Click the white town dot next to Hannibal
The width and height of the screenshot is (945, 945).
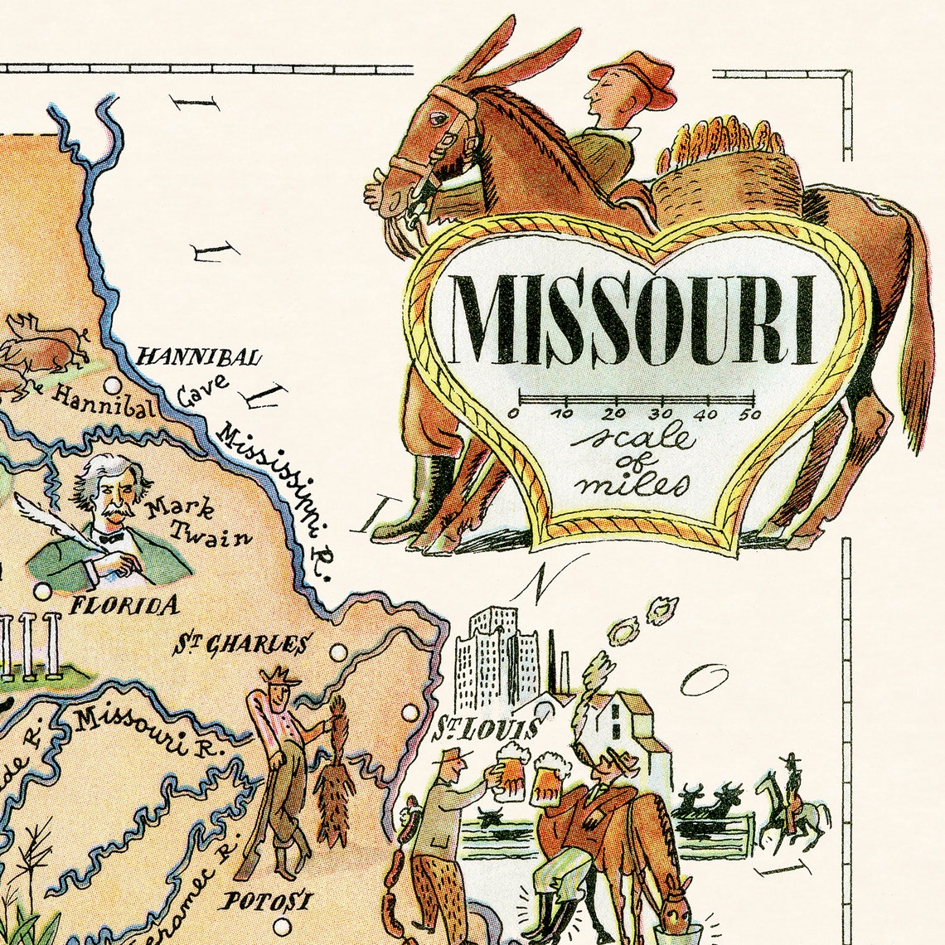[x=113, y=385]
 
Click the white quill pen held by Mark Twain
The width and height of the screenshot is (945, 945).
[x=50, y=522]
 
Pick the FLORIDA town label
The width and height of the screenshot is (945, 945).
[x=124, y=605]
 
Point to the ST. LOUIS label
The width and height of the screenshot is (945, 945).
[x=485, y=729]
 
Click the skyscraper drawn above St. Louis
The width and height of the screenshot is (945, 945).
[x=493, y=655]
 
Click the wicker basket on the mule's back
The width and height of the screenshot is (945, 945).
[x=729, y=178]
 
